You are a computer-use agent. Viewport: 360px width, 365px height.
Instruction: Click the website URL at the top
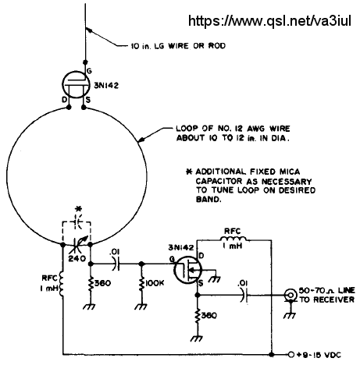pyautogui.click(x=269, y=21)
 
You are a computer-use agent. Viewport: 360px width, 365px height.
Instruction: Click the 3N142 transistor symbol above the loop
pyautogui.click(x=76, y=84)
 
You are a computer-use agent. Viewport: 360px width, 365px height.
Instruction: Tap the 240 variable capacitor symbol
pyautogui.click(x=77, y=245)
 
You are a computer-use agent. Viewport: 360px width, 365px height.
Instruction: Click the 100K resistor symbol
pyautogui.click(x=141, y=284)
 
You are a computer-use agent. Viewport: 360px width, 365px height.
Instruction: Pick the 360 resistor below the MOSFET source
pyautogui.click(x=198, y=316)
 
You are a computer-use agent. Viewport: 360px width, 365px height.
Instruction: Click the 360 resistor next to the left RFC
pyautogui.click(x=91, y=284)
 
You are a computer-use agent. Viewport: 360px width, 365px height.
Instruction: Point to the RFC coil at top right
pyautogui.click(x=233, y=239)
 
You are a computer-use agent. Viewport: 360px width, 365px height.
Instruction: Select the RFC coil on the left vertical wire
pyautogui.click(x=62, y=284)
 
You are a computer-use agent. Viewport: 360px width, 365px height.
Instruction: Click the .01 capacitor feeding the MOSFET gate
pyautogui.click(x=116, y=264)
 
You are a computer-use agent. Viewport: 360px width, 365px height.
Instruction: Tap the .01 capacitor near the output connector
pyautogui.click(x=244, y=295)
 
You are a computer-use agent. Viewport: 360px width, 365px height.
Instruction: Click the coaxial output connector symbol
pyautogui.click(x=291, y=295)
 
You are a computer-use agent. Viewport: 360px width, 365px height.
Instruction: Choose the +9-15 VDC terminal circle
pyautogui.click(x=291, y=354)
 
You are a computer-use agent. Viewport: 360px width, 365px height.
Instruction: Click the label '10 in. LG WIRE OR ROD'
pyautogui.click(x=178, y=46)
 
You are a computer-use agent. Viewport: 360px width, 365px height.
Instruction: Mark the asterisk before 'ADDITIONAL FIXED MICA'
pyautogui.click(x=190, y=172)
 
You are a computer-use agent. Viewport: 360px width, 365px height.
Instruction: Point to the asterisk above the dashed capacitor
pyautogui.click(x=78, y=209)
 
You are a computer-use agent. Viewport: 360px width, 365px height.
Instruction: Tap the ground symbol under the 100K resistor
pyautogui.click(x=141, y=307)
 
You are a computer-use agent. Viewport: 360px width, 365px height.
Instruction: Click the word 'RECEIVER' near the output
pyautogui.click(x=334, y=299)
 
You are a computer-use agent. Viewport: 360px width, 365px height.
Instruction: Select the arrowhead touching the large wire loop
pyautogui.click(x=141, y=140)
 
